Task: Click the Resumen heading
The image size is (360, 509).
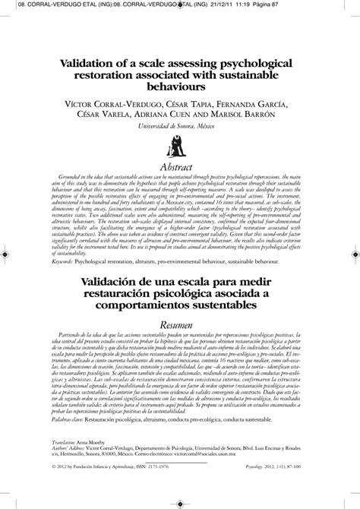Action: pos(179,322)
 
